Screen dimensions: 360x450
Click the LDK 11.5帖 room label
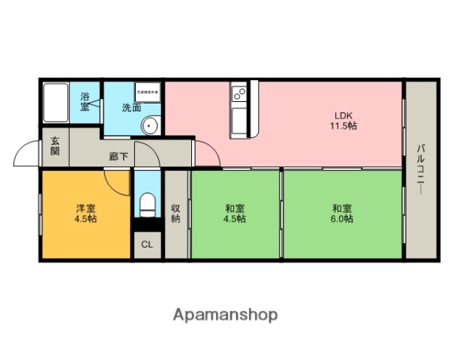[x=344, y=120]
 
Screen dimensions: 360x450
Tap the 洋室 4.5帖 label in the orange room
[x=85, y=214]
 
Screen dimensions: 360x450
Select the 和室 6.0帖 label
[x=343, y=214]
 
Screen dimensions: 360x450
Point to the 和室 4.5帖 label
[x=235, y=214]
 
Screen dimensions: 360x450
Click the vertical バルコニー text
[x=421, y=169]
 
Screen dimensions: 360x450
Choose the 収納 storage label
[x=175, y=214]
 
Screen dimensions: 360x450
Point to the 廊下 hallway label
[x=118, y=156]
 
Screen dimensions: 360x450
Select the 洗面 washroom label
[x=132, y=107]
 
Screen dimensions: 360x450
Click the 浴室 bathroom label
[x=85, y=100]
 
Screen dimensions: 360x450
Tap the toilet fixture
[x=147, y=203]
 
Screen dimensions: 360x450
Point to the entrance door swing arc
[x=25, y=154]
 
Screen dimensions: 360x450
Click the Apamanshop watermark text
[x=225, y=314]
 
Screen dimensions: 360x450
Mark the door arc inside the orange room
[x=116, y=180]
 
